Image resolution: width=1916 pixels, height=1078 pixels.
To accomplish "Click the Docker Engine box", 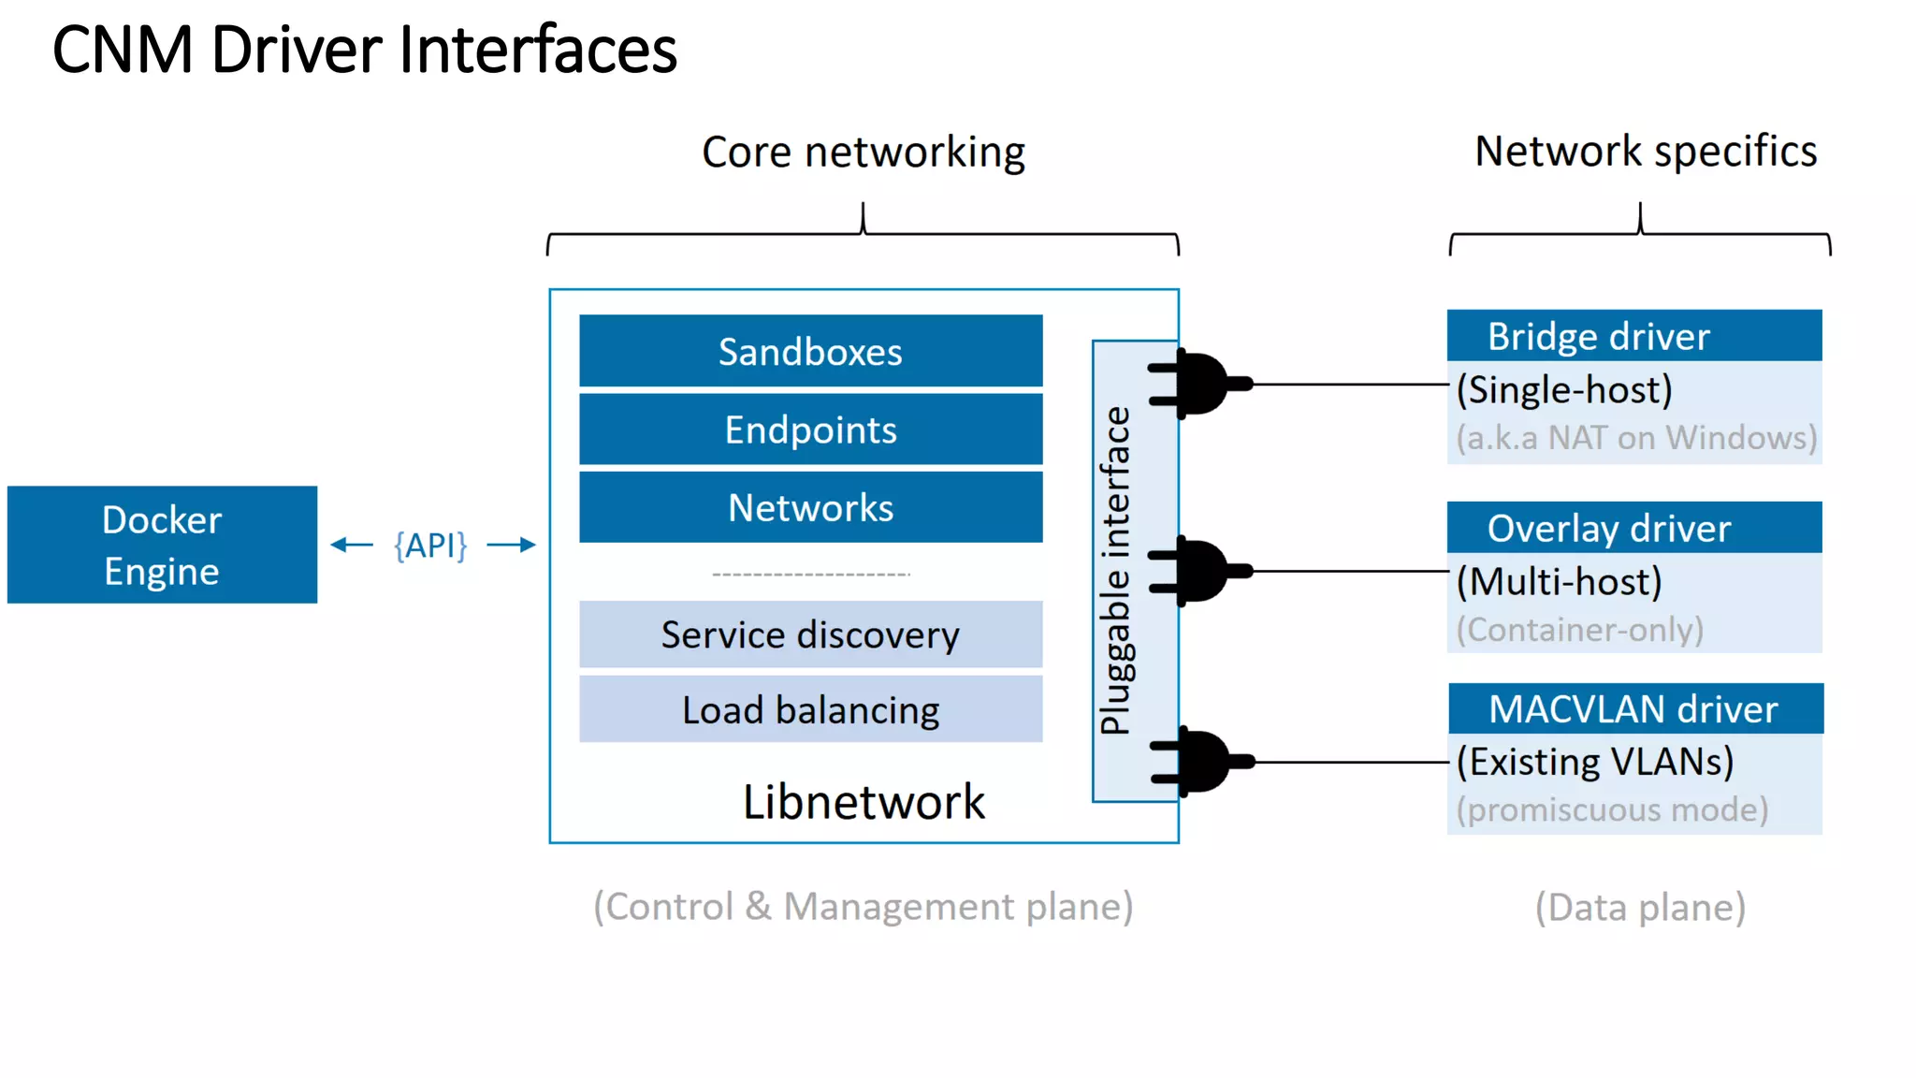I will [x=162, y=545].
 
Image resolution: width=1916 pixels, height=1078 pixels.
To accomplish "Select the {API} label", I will [x=430, y=545].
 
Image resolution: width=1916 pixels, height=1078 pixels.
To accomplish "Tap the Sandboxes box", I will [x=810, y=351].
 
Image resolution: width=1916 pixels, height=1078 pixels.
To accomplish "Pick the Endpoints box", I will [x=810, y=430].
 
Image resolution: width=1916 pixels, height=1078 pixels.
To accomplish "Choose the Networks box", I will [x=810, y=507].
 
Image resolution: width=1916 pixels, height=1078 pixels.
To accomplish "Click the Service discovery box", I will [x=810, y=634].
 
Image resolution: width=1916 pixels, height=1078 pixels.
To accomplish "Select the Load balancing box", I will [x=810, y=709].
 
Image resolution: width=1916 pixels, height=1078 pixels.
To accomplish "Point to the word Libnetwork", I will [x=864, y=802].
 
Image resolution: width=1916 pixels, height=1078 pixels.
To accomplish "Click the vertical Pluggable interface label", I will [x=1115, y=571].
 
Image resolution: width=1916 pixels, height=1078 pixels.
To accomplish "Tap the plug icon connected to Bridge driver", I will [x=1201, y=383].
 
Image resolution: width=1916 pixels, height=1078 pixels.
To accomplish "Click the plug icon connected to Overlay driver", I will [x=1201, y=570].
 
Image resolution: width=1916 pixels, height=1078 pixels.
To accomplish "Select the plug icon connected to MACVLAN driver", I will [x=1203, y=762].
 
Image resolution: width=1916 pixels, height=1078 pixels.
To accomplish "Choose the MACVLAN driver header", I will [x=1634, y=709].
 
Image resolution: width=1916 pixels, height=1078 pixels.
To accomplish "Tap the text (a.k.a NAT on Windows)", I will [x=1635, y=438].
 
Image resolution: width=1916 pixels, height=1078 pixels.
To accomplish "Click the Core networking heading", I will [x=863, y=152].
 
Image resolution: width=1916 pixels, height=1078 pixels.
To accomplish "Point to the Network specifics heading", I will [x=1646, y=151].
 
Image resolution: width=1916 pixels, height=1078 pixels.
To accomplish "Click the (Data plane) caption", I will [x=1640, y=907].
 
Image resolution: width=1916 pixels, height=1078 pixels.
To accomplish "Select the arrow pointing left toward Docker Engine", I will [x=352, y=545].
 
